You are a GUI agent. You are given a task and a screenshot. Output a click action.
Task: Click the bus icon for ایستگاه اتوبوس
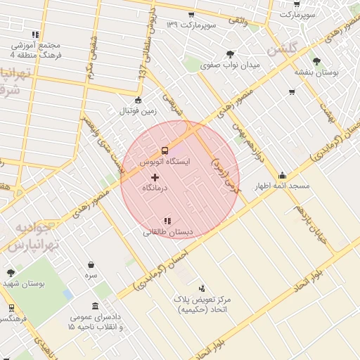click(x=165, y=150)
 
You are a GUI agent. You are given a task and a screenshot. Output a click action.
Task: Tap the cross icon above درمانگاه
click(x=155, y=176)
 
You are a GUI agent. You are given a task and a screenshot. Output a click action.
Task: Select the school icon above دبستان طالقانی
click(x=167, y=221)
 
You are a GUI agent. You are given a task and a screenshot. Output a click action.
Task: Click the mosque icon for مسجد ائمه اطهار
click(x=283, y=175)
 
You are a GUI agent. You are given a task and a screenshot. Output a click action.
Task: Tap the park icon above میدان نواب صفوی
click(x=230, y=53)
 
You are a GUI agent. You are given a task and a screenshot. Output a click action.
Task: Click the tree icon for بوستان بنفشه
click(x=316, y=60)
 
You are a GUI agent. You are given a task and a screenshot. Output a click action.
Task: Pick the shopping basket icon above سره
click(x=91, y=265)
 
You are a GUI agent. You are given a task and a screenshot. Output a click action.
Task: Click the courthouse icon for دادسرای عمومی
click(x=96, y=306)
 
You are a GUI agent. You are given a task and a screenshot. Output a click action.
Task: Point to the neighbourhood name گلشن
click(x=283, y=49)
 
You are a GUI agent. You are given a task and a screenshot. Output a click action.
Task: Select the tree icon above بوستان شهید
click(x=10, y=273)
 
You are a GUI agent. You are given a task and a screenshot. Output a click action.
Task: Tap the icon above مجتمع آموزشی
click(x=35, y=34)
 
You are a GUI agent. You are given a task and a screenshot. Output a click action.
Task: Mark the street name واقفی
click(x=235, y=22)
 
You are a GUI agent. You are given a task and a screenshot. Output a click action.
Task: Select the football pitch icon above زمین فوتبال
click(x=139, y=100)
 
